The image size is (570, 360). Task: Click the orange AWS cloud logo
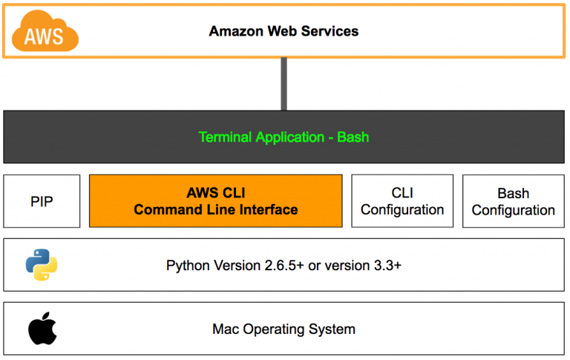point(45,31)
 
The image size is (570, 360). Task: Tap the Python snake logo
point(42,265)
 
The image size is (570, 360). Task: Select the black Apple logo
point(42,328)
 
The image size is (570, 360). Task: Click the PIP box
point(42,201)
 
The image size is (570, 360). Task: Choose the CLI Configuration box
point(402,201)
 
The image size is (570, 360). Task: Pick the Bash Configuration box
point(514,201)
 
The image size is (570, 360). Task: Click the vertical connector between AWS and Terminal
point(284,84)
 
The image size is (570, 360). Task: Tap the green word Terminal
point(225,137)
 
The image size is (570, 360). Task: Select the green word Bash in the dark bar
point(353,137)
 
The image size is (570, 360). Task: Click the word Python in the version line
point(188,266)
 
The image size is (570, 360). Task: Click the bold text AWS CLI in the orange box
point(216,193)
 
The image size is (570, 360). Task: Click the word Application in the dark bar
point(289,138)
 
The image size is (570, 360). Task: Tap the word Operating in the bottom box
point(274,330)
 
